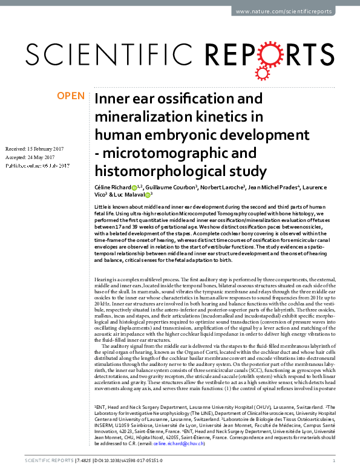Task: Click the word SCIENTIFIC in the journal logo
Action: click(97, 54)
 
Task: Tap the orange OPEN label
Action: click(70, 96)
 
